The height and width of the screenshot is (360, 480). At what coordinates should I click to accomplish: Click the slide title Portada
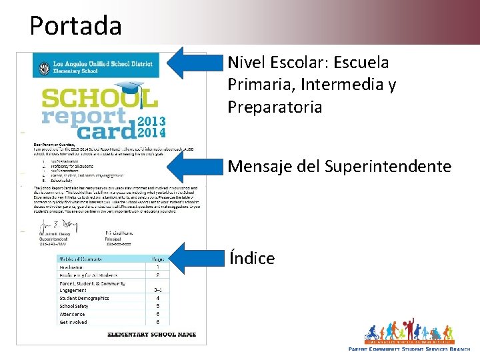point(75,26)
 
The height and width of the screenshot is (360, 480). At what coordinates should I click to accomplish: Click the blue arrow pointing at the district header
point(193,63)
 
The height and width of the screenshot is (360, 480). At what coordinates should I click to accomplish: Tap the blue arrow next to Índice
point(193,257)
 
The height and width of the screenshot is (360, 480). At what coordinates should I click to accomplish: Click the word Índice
point(252,258)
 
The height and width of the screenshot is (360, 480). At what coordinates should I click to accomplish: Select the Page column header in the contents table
point(158,259)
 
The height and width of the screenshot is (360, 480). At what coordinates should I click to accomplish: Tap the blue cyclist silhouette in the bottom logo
point(372,333)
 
